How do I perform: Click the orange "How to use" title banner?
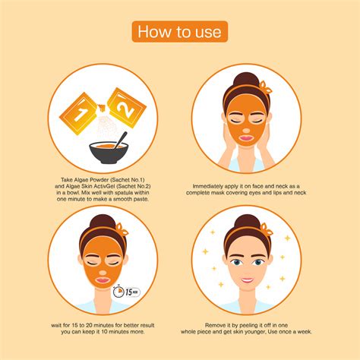180,31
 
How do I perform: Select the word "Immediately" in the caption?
210,185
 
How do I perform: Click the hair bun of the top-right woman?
248,81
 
